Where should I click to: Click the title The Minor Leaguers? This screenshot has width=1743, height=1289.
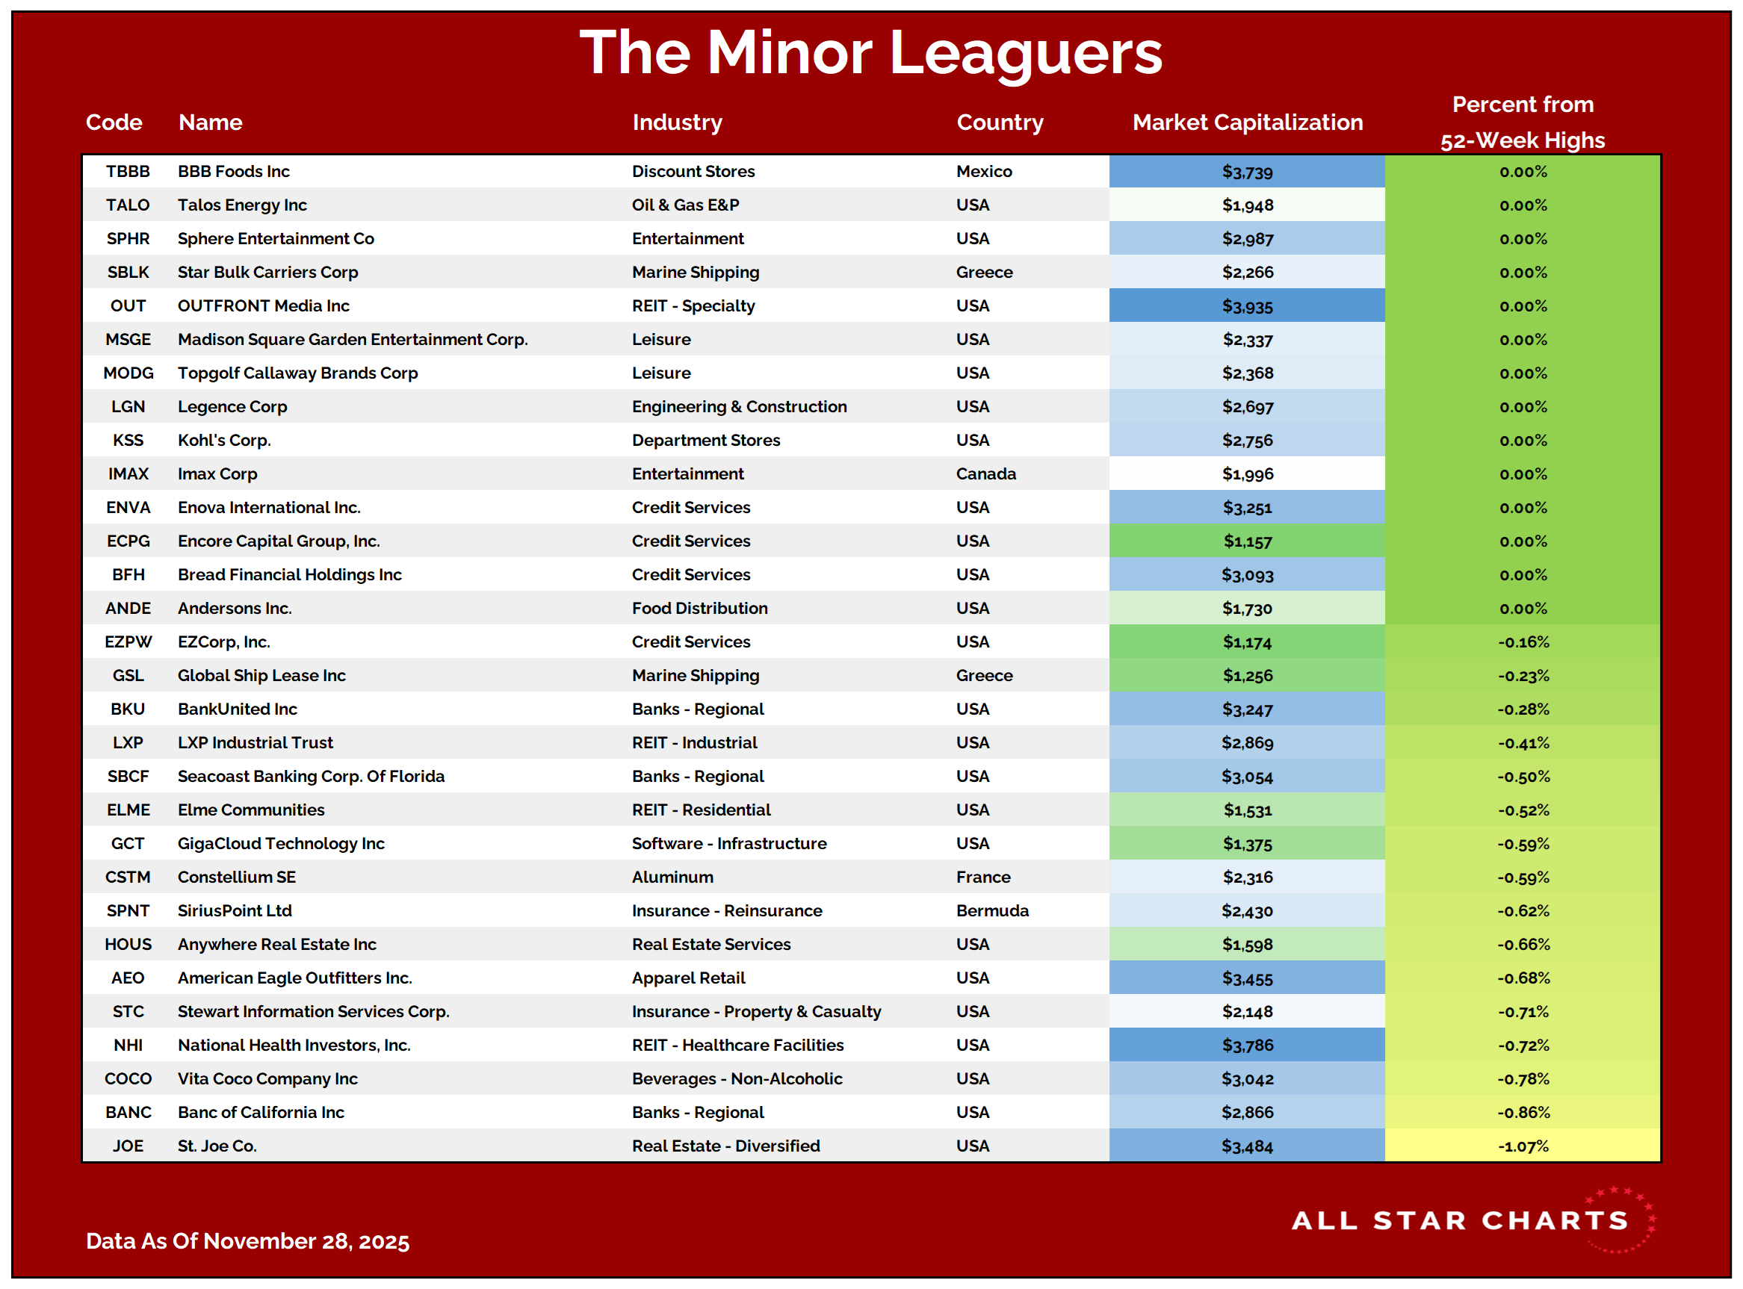click(870, 53)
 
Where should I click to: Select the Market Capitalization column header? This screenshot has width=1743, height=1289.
click(1247, 122)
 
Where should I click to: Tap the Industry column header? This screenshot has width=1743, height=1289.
click(677, 122)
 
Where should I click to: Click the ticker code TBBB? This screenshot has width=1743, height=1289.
click(128, 172)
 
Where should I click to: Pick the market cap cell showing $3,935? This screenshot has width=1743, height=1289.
click(1247, 306)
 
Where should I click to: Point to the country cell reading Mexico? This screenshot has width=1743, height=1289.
click(983, 172)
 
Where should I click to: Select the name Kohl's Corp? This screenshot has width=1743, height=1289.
click(224, 440)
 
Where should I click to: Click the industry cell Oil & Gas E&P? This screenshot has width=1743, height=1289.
click(685, 205)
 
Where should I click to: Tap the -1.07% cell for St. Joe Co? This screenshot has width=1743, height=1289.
click(1522, 1146)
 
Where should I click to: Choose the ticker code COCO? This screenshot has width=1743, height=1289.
click(128, 1079)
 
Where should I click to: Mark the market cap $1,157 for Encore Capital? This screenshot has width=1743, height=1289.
click(1247, 541)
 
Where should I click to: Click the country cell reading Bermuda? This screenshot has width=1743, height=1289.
click(992, 910)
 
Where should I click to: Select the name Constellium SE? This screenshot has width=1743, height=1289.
click(237, 877)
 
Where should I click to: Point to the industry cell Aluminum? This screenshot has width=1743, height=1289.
click(672, 877)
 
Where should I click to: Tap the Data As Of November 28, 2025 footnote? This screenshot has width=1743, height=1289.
click(247, 1240)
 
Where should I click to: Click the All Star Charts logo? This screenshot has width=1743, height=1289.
click(1471, 1220)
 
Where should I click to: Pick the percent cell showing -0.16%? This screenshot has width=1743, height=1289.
click(1522, 642)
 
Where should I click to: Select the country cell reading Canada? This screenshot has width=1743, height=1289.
click(986, 473)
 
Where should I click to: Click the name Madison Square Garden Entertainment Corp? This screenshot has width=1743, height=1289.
click(353, 339)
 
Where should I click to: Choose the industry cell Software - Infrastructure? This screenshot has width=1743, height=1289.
click(729, 843)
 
